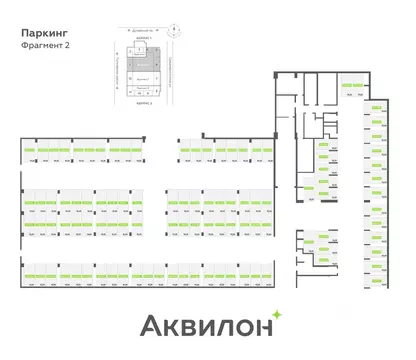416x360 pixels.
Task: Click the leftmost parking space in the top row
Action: point(32,151)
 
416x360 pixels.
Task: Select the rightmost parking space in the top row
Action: point(266,151)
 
